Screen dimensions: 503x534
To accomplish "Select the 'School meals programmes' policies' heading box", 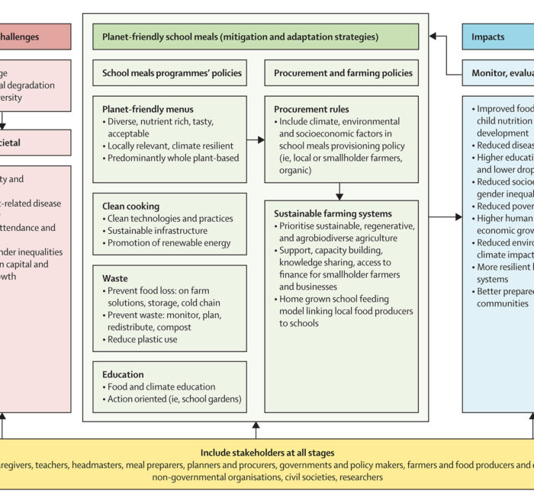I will pos(171,73).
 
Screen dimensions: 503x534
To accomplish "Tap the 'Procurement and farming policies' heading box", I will pos(342,73).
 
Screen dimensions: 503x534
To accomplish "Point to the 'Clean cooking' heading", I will pos(130,206).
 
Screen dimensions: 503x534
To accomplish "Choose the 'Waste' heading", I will pos(115,279).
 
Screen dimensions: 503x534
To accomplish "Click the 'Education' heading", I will pos(123,374).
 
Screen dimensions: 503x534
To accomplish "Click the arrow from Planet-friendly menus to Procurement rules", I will pos(256,139).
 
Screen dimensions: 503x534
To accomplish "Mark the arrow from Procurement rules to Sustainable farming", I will pos(341,191).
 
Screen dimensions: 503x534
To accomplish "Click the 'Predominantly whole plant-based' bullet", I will pos(172,158).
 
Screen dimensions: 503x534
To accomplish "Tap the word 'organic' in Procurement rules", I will pos(296,170).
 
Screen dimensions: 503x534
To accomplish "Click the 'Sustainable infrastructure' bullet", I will pos(157,230).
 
